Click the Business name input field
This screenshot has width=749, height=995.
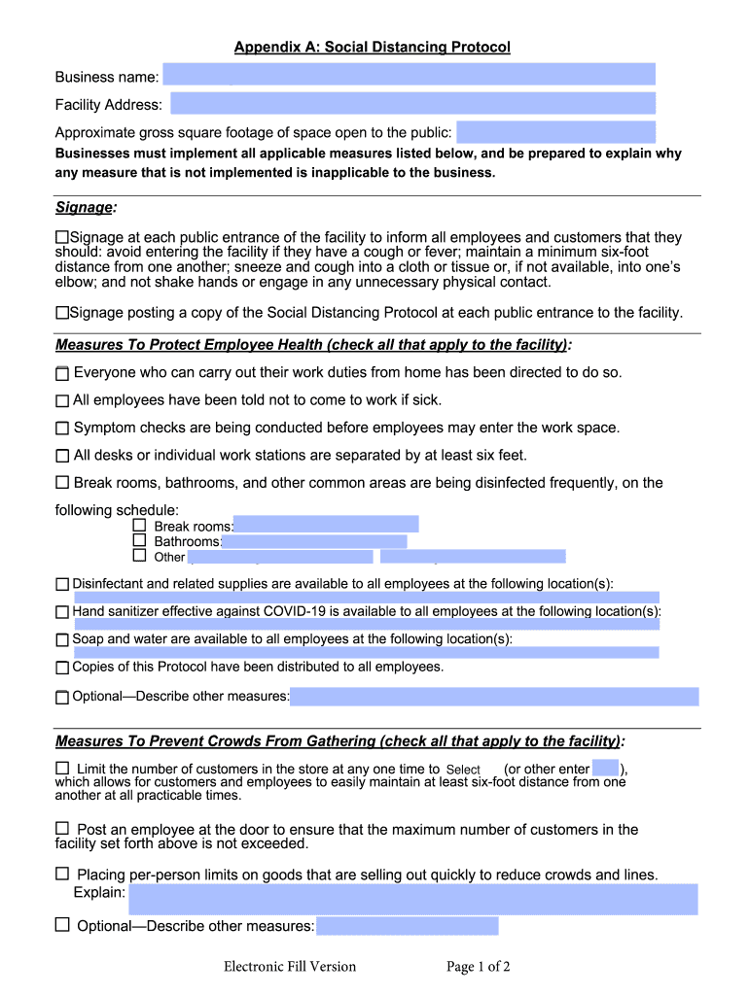[x=409, y=75]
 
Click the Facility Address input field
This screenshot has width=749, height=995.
[x=412, y=104]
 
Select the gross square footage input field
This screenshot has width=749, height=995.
[x=555, y=132]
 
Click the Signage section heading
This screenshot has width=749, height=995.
[x=84, y=207]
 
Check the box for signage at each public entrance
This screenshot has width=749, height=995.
[x=62, y=237]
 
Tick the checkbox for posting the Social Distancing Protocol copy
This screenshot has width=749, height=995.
[x=62, y=313]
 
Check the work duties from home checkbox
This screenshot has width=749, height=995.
[x=62, y=373]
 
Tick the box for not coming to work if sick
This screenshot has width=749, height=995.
[x=62, y=400]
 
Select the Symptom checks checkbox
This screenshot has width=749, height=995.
[x=62, y=428]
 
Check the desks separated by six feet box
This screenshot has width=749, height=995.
[x=62, y=456]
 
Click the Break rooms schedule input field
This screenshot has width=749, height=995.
[x=326, y=525]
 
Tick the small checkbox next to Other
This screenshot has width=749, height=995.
[x=139, y=556]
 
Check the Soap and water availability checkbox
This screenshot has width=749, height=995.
[x=62, y=640]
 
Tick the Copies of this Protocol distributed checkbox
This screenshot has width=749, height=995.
[x=62, y=668]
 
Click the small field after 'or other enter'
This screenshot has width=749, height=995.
[x=605, y=769]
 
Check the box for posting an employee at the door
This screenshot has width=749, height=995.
[x=62, y=828]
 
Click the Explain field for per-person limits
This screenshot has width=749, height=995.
[x=412, y=899]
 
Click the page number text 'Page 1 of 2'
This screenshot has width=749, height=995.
[x=479, y=966]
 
